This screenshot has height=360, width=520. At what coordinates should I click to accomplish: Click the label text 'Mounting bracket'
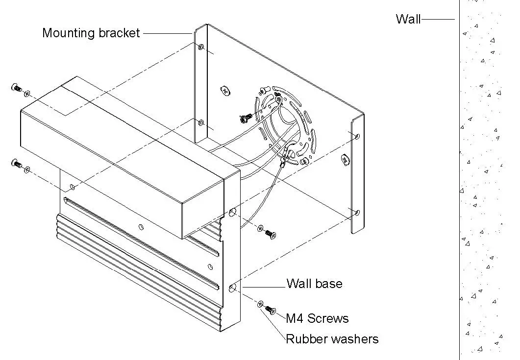tap(91, 33)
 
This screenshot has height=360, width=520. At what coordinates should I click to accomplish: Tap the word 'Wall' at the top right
tap(408, 19)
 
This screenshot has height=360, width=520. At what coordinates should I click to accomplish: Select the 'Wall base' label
tap(314, 284)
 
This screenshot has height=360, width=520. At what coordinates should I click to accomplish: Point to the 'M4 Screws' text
tap(317, 318)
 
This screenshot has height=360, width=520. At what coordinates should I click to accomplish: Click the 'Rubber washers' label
tap(332, 339)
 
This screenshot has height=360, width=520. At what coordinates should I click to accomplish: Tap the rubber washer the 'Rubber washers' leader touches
tap(261, 304)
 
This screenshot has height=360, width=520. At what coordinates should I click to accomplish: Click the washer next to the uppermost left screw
tap(27, 92)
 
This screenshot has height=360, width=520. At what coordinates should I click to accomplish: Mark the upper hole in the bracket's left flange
tap(201, 47)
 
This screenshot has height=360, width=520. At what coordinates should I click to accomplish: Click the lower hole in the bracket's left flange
tap(200, 122)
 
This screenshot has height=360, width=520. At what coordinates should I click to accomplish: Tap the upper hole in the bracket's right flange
tap(357, 136)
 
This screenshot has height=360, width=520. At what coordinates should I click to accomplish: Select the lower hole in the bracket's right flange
tap(357, 212)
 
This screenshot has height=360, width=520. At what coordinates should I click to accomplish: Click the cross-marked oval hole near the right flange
tap(345, 159)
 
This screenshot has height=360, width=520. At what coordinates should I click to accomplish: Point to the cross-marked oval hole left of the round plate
tap(225, 90)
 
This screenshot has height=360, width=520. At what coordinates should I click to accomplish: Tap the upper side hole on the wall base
tap(233, 213)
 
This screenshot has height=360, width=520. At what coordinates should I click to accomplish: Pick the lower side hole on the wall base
tap(232, 287)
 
